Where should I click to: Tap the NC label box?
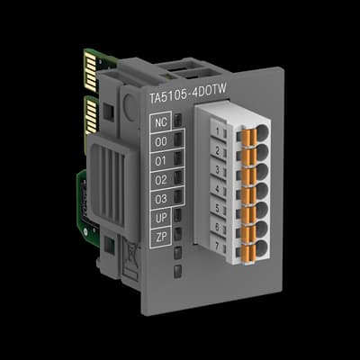pos(161,122)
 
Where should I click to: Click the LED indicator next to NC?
pos(179,120)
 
